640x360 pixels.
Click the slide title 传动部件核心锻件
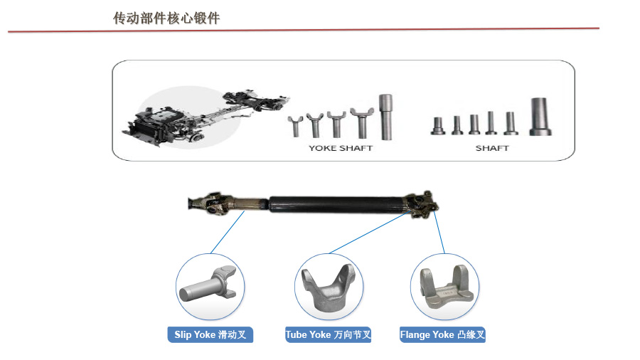(166, 18)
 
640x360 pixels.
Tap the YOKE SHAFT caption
(341, 148)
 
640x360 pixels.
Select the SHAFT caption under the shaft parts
(492, 148)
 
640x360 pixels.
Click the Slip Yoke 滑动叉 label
(210, 334)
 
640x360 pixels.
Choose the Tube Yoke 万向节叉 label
(328, 334)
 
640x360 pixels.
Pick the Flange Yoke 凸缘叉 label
(442, 334)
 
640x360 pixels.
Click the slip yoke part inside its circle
(208, 284)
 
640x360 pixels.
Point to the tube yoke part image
(328, 287)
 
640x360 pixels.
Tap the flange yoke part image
(447, 287)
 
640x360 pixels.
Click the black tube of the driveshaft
(335, 204)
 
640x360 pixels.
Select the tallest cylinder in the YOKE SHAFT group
(385, 117)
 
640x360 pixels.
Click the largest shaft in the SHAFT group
(540, 117)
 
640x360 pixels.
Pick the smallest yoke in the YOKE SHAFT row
(294, 126)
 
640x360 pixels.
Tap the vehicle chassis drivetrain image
(206, 117)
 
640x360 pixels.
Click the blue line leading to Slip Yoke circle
(228, 232)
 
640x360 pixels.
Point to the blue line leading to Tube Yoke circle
(370, 232)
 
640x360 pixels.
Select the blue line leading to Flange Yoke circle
(439, 232)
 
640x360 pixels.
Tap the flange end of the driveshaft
(422, 203)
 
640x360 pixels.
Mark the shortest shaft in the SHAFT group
(438, 126)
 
